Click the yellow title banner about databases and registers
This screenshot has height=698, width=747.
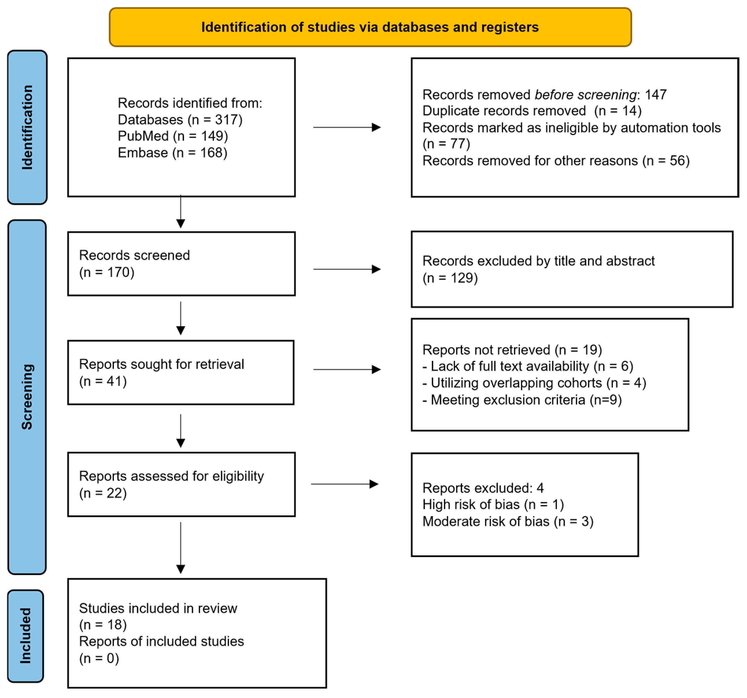coord(370,27)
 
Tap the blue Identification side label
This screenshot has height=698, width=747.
coord(27,128)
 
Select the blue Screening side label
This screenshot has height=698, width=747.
coord(27,397)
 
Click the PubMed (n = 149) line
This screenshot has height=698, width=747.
coord(173,136)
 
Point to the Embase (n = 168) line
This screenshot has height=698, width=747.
coord(173,153)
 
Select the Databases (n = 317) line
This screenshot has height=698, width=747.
coord(180,119)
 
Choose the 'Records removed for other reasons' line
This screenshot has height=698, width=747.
coord(556,160)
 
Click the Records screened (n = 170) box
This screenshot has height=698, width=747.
coord(182,263)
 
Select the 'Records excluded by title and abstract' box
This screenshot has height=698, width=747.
coord(572,269)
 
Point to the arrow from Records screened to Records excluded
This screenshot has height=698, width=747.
coord(347,269)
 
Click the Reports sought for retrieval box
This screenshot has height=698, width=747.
coord(181,372)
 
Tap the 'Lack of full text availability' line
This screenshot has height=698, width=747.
coord(528,366)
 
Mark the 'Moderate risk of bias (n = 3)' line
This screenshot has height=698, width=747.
coord(508,521)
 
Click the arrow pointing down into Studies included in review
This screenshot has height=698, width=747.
coord(181,548)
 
